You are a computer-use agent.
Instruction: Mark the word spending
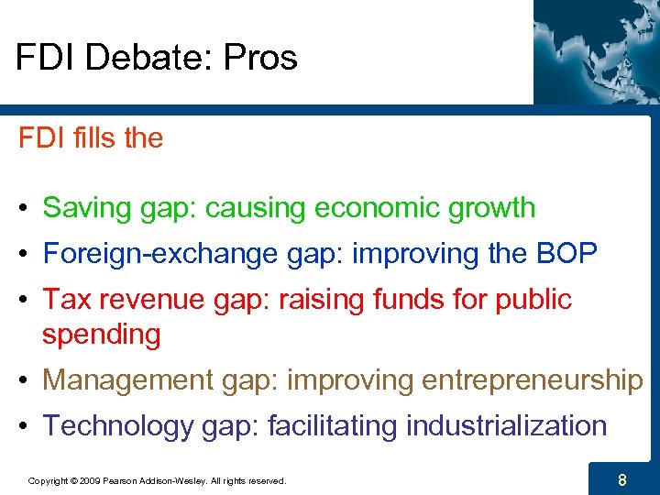[101, 335]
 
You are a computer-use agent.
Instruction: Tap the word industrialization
[506, 426]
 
